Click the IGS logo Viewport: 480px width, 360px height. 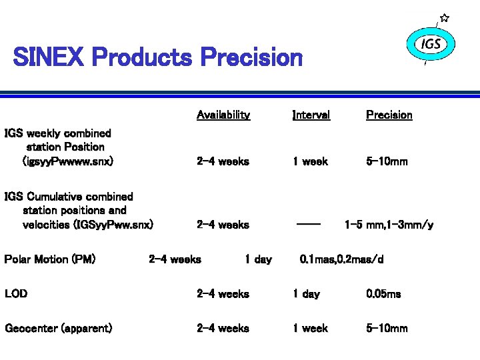click(431, 45)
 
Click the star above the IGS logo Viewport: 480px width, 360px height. click(445, 18)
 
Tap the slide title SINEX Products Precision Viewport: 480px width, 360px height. click(158, 57)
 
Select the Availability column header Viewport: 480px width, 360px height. click(223, 115)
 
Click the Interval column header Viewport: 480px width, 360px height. click(311, 115)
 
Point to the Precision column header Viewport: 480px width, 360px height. click(389, 115)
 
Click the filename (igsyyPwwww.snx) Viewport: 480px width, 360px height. click(68, 161)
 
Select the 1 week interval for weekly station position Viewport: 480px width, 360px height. click(310, 161)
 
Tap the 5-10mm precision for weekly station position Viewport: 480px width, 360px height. click(387, 161)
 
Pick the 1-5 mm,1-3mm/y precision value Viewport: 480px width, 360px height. click(389, 225)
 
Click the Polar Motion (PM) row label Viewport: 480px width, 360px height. click(50, 259)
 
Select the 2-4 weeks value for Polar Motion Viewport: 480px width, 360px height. click(175, 259)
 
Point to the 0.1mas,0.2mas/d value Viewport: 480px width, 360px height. click(341, 259)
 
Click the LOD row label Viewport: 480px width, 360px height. click(16, 293)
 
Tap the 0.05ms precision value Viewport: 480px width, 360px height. click(383, 293)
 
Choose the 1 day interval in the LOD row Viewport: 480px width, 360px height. click(306, 293)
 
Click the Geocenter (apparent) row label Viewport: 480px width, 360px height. click(58, 328)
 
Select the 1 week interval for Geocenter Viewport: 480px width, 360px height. click(310, 328)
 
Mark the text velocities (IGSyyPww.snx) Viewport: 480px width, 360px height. click(88, 225)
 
